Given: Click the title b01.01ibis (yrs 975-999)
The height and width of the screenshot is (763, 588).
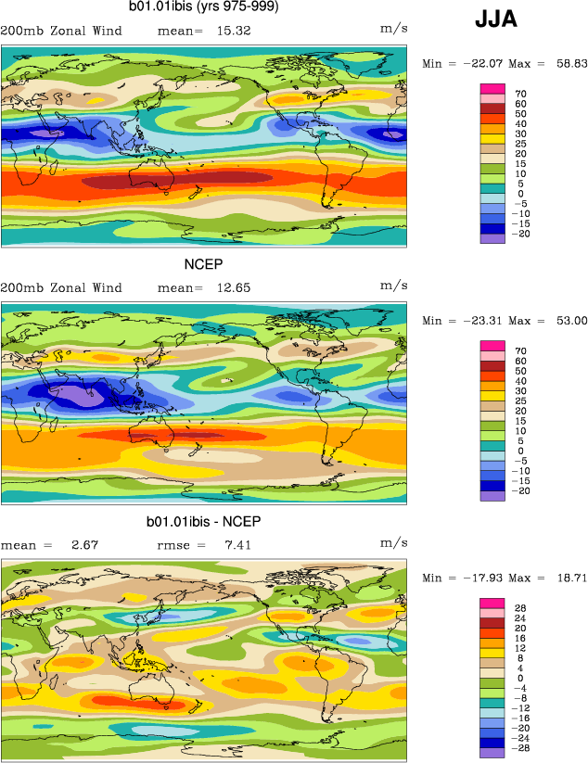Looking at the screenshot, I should (x=204, y=8).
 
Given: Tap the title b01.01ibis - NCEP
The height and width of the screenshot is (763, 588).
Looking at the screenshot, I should (x=204, y=522).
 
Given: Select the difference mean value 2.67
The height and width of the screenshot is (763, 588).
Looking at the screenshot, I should (x=84, y=544).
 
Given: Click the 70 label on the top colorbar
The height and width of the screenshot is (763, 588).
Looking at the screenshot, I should (x=521, y=94).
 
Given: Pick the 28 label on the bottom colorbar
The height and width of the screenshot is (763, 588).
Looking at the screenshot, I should (x=521, y=608).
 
